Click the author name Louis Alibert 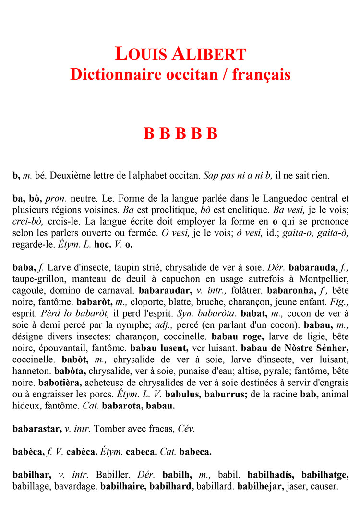(180, 53)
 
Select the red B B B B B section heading (180, 133)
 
